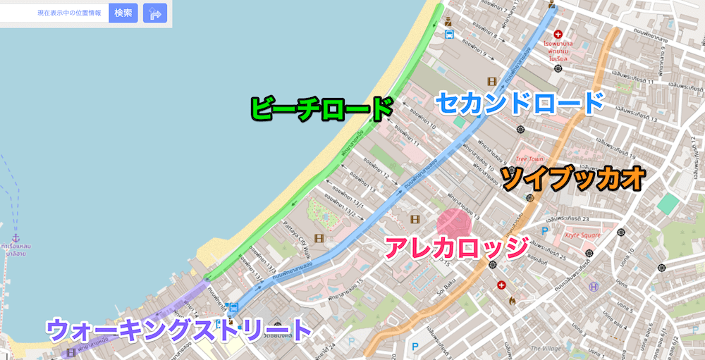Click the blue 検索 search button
123,13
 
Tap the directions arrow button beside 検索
154,13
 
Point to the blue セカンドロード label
520,103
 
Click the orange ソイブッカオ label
572,179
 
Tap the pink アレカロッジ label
456,247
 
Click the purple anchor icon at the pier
16,240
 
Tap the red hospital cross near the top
558,33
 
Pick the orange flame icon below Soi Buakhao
512,301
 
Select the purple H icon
594,287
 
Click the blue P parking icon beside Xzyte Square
544,230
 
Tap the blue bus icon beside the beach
449,32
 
